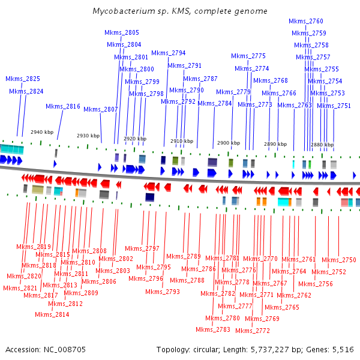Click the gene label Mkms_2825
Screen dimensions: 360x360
click(x=23, y=79)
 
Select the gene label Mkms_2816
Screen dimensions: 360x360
click(x=63, y=106)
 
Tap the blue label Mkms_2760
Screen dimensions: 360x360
click(x=310, y=21)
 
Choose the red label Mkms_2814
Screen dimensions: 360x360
click(x=52, y=314)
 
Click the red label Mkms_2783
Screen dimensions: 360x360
click(x=213, y=329)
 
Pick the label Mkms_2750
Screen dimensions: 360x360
click(x=339, y=260)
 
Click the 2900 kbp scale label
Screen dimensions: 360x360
click(x=228, y=143)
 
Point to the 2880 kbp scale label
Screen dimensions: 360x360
click(x=322, y=145)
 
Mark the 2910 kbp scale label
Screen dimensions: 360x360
click(x=182, y=142)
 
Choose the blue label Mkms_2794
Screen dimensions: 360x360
click(x=168, y=53)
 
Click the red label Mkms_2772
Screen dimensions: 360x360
click(x=253, y=331)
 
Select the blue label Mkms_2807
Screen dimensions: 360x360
click(x=101, y=109)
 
